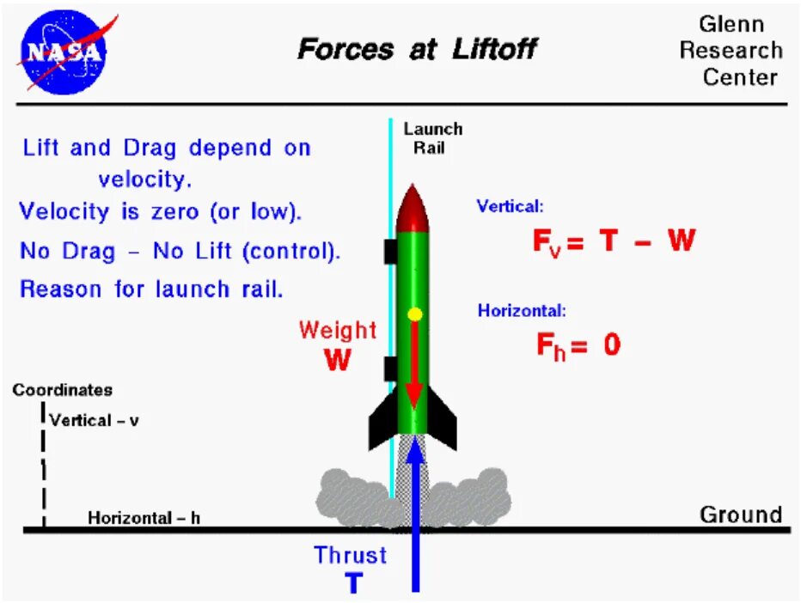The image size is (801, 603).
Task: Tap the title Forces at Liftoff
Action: [416, 50]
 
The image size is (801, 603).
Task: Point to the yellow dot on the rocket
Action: [415, 314]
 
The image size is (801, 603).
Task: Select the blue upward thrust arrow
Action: [416, 515]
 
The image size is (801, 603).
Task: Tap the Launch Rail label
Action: [433, 137]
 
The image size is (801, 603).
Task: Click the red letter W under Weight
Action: [338, 360]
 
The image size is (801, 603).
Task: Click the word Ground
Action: [741, 515]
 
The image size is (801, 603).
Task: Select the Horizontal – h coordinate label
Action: [144, 518]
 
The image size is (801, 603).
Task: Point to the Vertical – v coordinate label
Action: [95, 420]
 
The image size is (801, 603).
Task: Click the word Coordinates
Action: [63, 390]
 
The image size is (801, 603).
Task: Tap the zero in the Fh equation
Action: [611, 344]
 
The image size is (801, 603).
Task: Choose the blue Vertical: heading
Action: [511, 206]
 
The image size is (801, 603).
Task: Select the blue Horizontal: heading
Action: [522, 311]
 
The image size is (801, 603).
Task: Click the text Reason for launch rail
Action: [151, 289]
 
